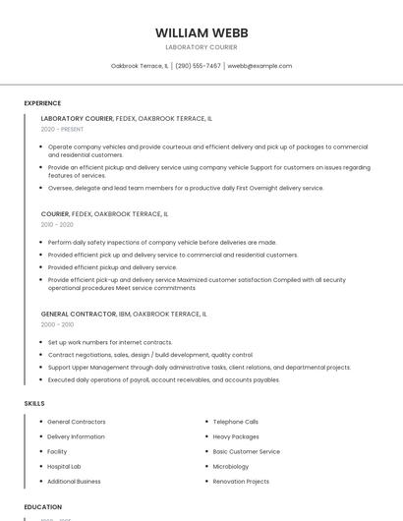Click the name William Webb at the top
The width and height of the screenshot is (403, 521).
pos(201,31)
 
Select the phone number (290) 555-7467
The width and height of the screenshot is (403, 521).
pos(198,66)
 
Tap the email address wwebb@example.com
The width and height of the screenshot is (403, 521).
pos(259,66)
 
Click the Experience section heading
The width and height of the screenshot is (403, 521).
pos(42,103)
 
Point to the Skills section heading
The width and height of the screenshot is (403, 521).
pos(34,403)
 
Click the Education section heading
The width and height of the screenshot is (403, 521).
pos(43,507)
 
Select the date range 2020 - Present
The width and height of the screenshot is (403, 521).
pos(63,129)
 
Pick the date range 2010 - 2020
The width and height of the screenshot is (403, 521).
pos(57,224)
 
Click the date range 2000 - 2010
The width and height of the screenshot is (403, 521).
pos(57,324)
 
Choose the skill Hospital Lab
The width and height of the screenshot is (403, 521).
pos(64,466)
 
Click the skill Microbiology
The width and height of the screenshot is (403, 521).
pos(231,466)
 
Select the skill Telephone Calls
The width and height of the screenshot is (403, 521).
pos(236,422)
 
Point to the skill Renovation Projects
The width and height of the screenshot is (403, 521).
pos(241,482)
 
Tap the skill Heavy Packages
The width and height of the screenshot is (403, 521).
pos(236,436)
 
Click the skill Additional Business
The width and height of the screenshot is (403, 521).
pos(74,482)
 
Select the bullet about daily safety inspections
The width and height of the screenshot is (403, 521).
pos(162,242)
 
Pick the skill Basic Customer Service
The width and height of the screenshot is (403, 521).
pos(246,451)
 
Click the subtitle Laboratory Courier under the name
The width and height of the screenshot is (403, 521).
pos(201,47)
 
